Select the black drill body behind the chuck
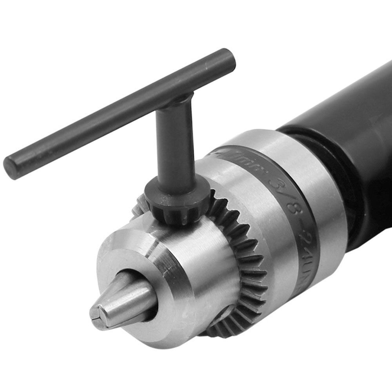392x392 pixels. [x=353, y=129]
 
